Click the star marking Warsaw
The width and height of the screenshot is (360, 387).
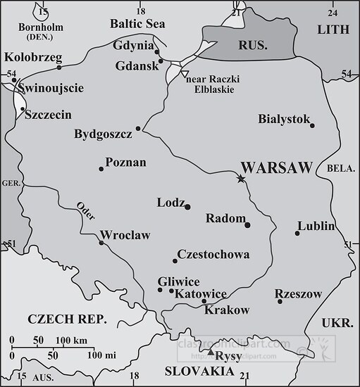(x=241, y=179)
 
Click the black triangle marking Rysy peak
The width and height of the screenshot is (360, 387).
(x=210, y=351)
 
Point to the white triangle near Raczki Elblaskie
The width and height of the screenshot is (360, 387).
(x=184, y=73)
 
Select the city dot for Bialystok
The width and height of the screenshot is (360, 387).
(x=312, y=126)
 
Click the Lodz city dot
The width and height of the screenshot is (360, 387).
(x=187, y=206)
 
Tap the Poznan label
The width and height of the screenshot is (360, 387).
(x=125, y=163)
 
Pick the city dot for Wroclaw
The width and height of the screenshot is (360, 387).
(x=102, y=243)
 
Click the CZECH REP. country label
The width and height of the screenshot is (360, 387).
(x=66, y=319)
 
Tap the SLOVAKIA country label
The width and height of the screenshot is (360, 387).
(x=198, y=371)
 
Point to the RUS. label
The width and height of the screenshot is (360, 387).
(x=252, y=44)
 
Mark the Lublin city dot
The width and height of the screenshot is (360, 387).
(x=297, y=234)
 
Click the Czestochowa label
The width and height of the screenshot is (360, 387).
(x=213, y=254)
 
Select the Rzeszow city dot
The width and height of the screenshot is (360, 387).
(x=280, y=302)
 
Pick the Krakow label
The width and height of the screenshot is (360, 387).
(x=227, y=310)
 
